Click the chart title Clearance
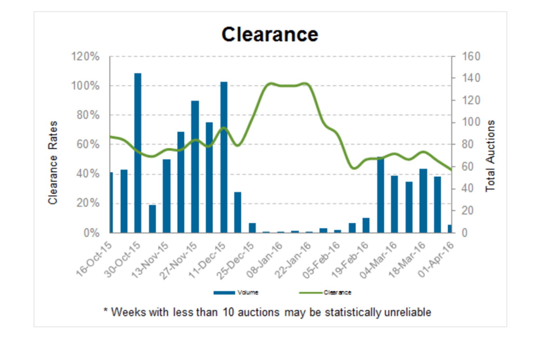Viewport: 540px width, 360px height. [x=270, y=34]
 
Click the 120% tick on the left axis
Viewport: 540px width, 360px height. [x=85, y=57]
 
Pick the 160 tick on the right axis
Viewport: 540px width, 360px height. [x=471, y=57]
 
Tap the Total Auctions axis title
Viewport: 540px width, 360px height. [x=490, y=156]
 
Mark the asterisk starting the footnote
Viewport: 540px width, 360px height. [x=105, y=311]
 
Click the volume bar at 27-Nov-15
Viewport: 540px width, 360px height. [x=195, y=167]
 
